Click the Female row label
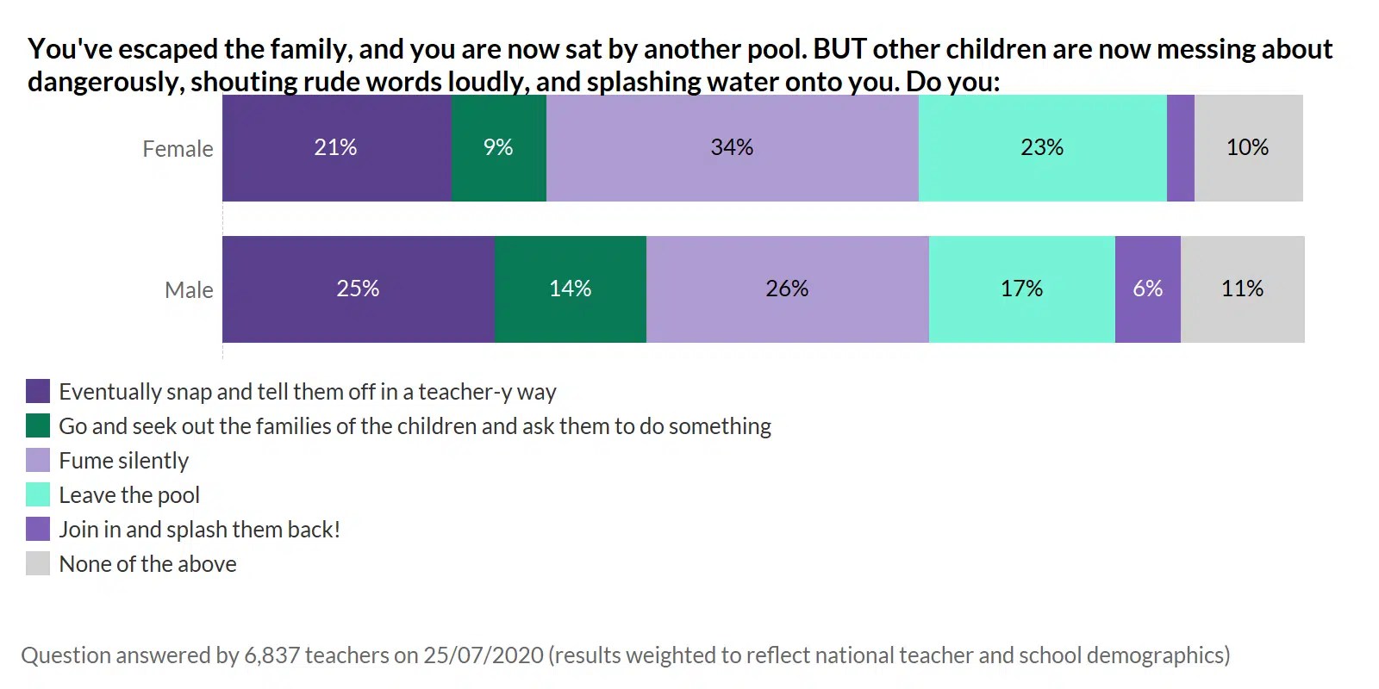(178, 149)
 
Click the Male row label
(189, 290)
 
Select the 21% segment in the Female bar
(336, 148)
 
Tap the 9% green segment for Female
(498, 148)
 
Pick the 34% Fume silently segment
(732, 148)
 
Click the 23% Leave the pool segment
(1042, 148)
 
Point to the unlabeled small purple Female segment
(1180, 148)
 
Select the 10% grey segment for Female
(1247, 148)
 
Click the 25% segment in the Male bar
(358, 289)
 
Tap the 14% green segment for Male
(570, 289)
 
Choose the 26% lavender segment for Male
(787, 289)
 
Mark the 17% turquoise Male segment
(1021, 289)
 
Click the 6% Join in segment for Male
(1147, 289)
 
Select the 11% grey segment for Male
(1242, 289)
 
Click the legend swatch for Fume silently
(38, 461)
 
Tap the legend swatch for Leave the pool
(38, 495)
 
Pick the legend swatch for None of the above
(38, 564)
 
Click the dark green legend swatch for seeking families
(38, 426)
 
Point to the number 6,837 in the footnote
(272, 655)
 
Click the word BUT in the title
(839, 49)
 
